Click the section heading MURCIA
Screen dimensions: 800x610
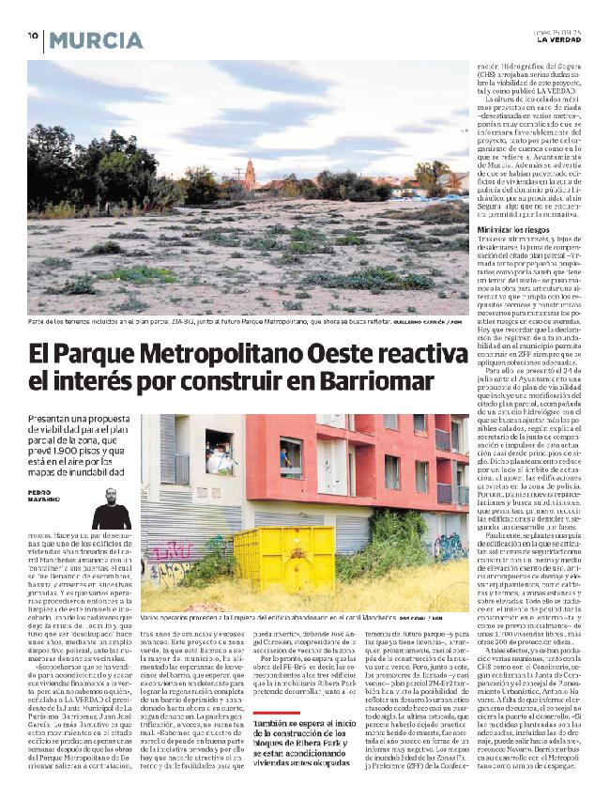click(x=90, y=39)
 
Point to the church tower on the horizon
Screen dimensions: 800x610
click(x=250, y=172)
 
